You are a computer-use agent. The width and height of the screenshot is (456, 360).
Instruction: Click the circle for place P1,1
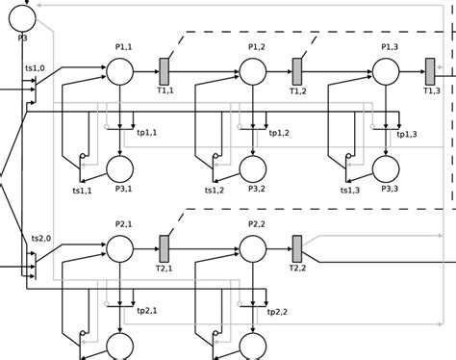coord(118,70)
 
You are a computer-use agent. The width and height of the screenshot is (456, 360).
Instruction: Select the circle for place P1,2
coord(252,70)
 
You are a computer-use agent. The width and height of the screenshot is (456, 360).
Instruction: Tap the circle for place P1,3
coord(386,70)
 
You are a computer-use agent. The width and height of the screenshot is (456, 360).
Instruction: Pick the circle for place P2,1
coord(118,248)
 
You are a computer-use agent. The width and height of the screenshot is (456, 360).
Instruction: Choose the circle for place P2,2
coord(252,248)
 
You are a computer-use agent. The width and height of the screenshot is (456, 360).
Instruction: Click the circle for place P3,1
coord(119,168)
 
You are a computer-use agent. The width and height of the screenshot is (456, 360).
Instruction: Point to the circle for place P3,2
coord(253,168)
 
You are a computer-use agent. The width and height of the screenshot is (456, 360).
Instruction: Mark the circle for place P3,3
coord(386,168)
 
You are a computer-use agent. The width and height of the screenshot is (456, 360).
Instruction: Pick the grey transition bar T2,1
coord(164,247)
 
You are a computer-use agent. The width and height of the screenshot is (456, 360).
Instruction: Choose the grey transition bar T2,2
coord(297,247)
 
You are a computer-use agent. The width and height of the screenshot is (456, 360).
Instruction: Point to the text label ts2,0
coord(38,237)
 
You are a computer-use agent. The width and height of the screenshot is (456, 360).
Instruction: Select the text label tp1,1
coord(146,133)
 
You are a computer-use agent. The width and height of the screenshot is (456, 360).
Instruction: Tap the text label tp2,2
coord(277,311)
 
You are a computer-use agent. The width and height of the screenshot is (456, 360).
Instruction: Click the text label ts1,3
coord(349,190)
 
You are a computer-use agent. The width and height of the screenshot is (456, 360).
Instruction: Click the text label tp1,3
coord(408,133)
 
